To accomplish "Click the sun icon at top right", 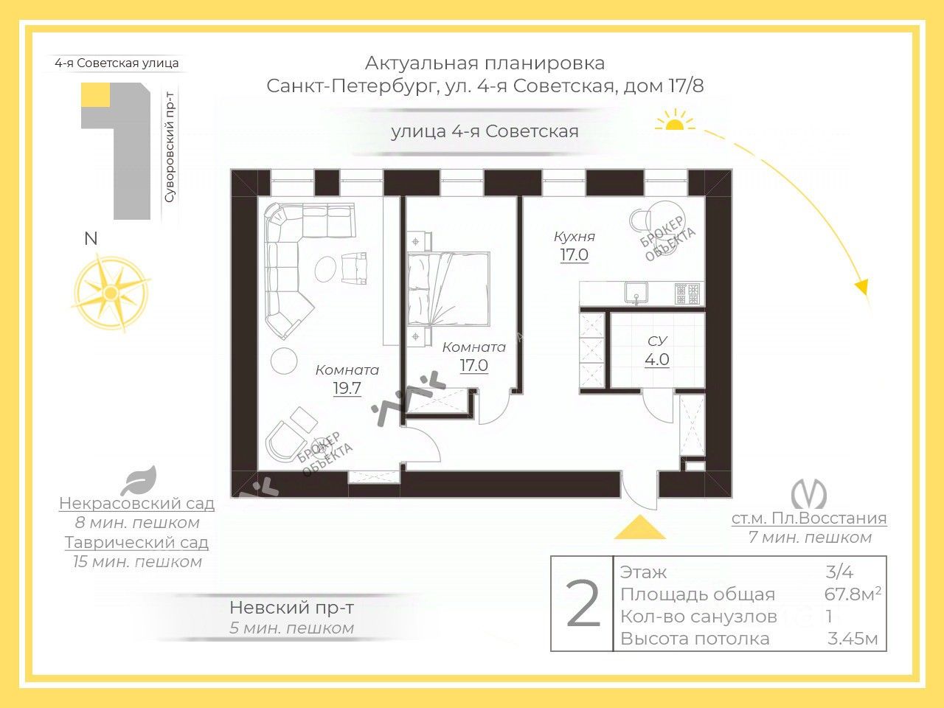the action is [674, 122].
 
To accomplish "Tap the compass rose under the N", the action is [111, 293].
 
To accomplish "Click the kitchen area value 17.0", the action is [574, 255].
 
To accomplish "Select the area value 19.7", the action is [347, 389].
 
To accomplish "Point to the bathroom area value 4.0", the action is [656, 360].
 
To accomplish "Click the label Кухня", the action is [574, 237].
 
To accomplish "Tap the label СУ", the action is [656, 341].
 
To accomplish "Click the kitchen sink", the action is [636, 293].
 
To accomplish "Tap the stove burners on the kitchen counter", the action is [689, 294].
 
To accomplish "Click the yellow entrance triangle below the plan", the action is [639, 528].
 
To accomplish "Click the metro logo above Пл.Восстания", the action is [808, 494].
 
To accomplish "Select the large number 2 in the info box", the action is [583, 604].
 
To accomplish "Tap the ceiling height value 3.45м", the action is [853, 639].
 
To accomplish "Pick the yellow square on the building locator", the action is [95, 96].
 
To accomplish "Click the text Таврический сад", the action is [136, 543].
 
